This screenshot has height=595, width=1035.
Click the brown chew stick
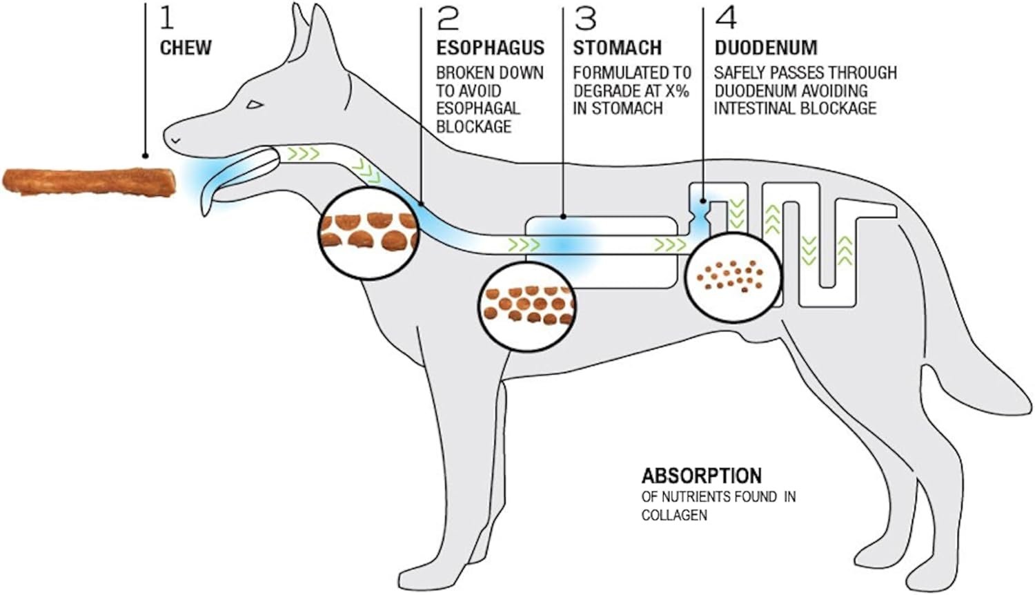point(88,181)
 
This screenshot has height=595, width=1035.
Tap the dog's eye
point(255,105)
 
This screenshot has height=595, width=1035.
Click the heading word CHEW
point(185,48)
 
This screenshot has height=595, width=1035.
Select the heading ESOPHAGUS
point(490,48)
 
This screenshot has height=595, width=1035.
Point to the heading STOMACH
point(617,48)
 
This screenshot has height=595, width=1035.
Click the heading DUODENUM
point(766,48)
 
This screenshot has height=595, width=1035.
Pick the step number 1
point(166,19)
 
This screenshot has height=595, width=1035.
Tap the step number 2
point(448,19)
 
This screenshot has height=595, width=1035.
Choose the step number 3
point(585,19)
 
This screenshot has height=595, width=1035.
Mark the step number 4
point(727,19)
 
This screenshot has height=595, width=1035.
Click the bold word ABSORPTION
point(702,476)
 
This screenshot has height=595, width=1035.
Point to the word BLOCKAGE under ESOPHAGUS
point(473,126)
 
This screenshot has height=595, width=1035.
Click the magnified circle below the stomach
point(528,304)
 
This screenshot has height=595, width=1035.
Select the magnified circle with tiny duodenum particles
point(733,276)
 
